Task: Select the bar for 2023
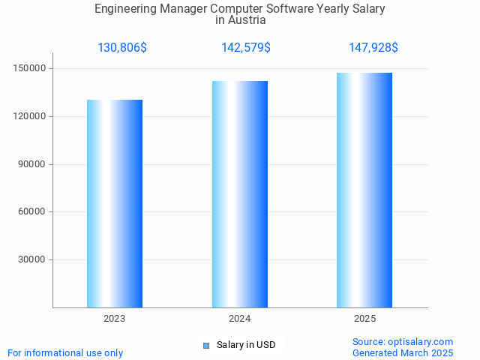tap(115, 203)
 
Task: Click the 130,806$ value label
tap(122, 48)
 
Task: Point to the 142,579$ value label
tap(246, 48)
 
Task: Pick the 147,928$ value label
tap(373, 48)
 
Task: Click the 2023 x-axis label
tap(115, 319)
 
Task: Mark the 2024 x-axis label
tap(240, 319)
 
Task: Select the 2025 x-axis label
tap(364, 319)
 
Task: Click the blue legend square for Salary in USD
tap(206, 345)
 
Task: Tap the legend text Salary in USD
tap(246, 345)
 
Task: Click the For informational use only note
tap(65, 352)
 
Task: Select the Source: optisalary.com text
tap(403, 341)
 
